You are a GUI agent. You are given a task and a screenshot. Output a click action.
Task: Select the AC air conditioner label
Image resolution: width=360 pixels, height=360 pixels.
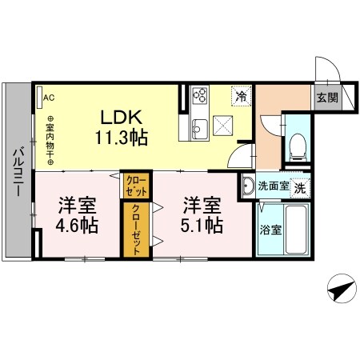pyautogui.click(x=48, y=98)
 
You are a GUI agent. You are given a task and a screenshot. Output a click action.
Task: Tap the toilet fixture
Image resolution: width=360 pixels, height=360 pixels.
pyautogui.click(x=297, y=145)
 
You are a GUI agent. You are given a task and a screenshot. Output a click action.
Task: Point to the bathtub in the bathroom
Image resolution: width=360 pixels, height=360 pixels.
pyautogui.click(x=298, y=230)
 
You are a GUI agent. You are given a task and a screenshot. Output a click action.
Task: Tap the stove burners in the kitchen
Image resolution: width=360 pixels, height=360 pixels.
pyautogui.click(x=199, y=98)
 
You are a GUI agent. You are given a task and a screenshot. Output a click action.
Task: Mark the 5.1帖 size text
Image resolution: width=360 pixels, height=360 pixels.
pyautogui.click(x=201, y=225)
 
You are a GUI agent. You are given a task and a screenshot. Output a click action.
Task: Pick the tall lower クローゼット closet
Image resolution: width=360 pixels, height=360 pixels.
pyautogui.click(x=136, y=230)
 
